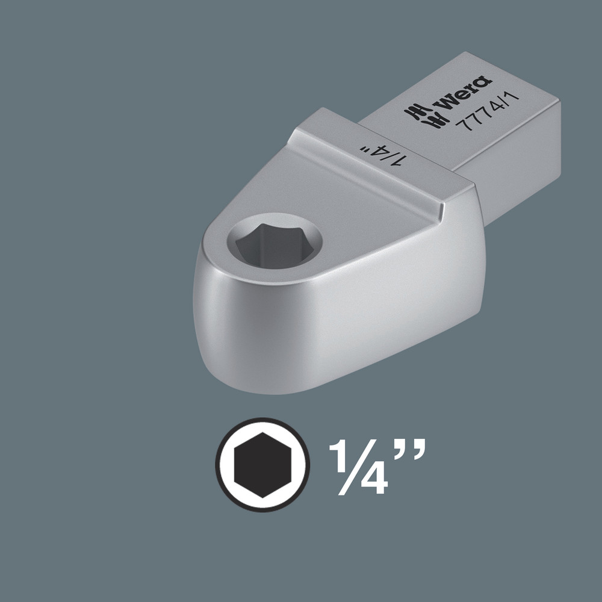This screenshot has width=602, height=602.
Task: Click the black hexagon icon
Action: click(x=262, y=464)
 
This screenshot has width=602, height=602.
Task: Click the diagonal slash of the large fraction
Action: click(x=357, y=467)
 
